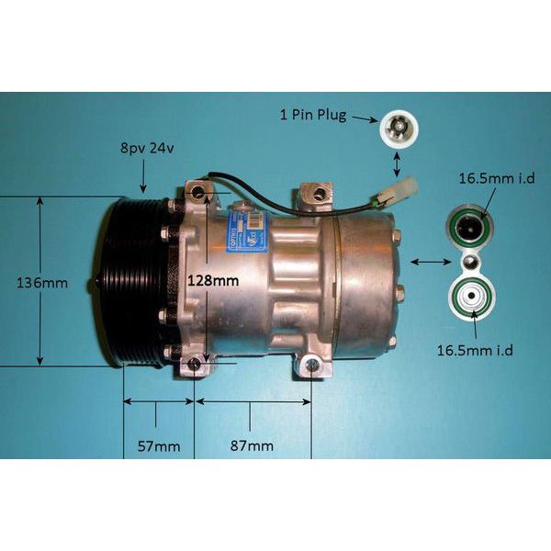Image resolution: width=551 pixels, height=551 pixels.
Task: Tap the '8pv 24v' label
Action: point(145,148)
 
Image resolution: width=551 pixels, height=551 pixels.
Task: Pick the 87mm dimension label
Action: point(252,446)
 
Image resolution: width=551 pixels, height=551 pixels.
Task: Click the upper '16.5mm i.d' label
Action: point(490,178)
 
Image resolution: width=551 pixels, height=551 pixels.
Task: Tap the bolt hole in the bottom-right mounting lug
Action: point(313,365)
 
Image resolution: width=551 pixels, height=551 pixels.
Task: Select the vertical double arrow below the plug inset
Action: point(397,164)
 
